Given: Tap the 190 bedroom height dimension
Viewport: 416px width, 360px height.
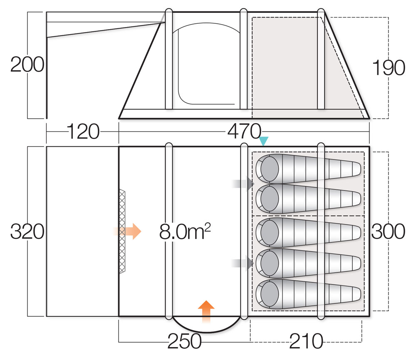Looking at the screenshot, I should coord(389,68).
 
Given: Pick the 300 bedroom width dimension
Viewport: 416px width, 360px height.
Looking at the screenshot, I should coord(389,232).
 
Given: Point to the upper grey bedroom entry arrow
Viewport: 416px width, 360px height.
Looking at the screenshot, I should coord(243,183).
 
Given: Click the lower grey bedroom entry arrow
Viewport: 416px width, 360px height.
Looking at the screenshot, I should coord(243,263).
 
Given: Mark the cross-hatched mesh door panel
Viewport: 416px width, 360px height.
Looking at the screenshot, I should coord(122,231).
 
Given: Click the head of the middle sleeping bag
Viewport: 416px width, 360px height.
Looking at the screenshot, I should coord(269,232).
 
